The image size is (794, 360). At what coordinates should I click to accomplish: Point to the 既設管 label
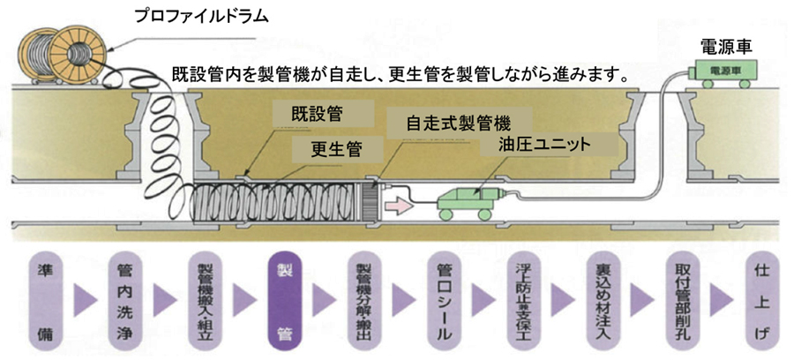[x=320, y=114]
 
